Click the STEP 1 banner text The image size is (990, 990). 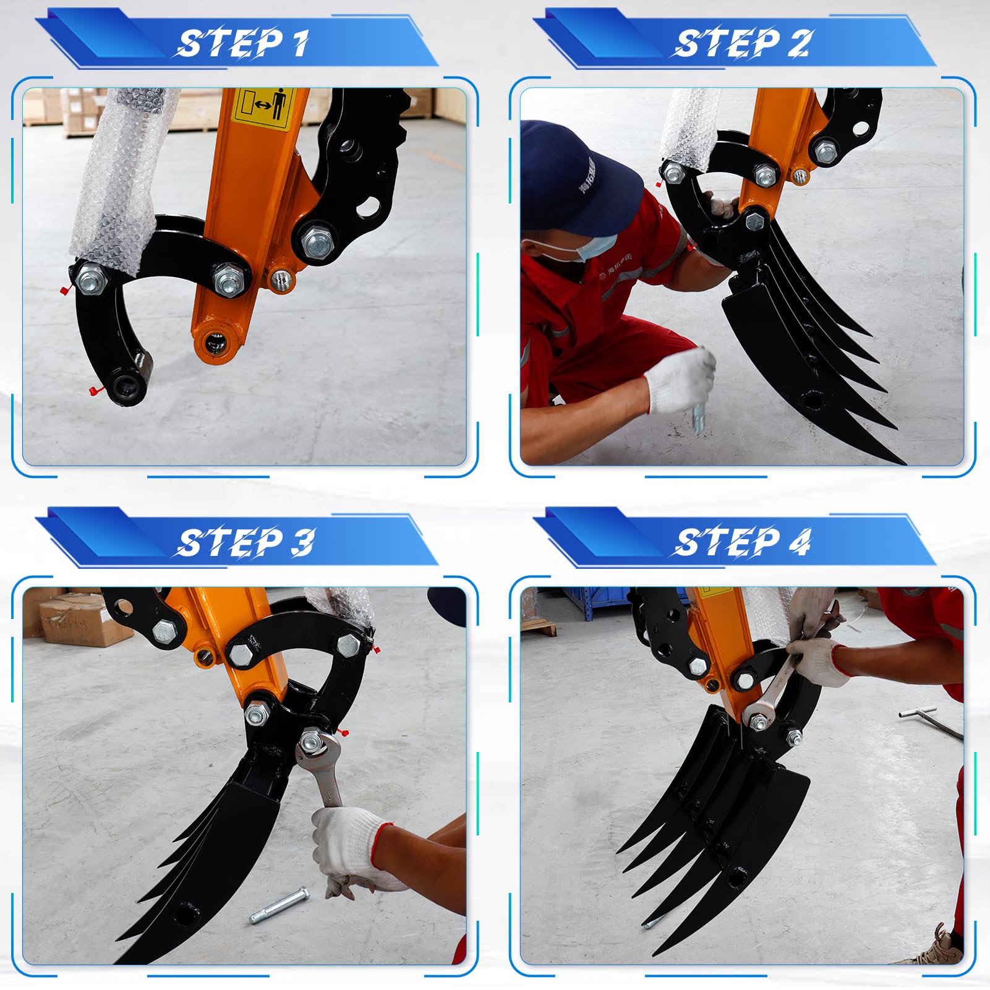pyautogui.click(x=243, y=43)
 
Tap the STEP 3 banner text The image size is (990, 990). pyautogui.click(x=245, y=542)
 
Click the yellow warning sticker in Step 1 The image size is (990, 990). pyautogui.click(x=265, y=108)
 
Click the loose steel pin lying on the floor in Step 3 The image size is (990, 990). pyautogui.click(x=278, y=906)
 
